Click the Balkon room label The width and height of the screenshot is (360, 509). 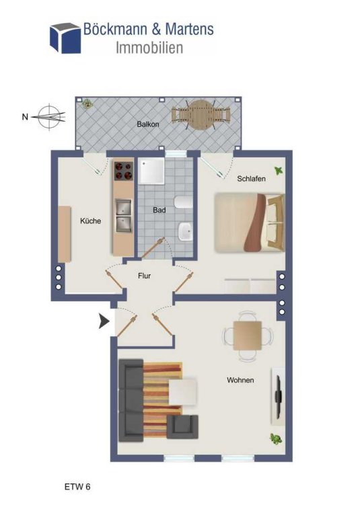[148, 124]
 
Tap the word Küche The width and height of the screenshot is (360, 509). [91, 221]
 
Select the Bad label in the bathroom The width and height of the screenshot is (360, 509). [159, 210]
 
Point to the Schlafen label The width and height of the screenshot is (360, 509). [251, 179]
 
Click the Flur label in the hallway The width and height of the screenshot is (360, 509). [144, 276]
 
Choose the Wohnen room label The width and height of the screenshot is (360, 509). [240, 380]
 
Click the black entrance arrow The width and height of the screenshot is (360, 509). [104, 321]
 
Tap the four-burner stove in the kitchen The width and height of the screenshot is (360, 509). [123, 170]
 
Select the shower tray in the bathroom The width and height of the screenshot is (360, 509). [151, 171]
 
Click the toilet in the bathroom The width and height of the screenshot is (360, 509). [184, 202]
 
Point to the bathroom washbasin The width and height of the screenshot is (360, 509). [185, 231]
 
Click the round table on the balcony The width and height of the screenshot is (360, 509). [201, 114]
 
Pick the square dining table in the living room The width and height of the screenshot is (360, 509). [248, 336]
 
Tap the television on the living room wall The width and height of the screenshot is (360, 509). [279, 396]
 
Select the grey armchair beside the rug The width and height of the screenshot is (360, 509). [182, 427]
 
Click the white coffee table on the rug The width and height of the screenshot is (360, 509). [182, 391]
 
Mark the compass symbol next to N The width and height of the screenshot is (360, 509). [50, 117]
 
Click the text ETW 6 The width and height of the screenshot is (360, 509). [77, 487]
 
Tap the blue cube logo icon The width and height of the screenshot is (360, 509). [65, 38]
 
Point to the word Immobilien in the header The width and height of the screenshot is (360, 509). [149, 48]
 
